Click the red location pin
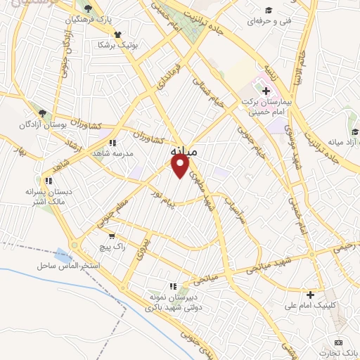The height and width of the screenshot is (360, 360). click(x=181, y=167)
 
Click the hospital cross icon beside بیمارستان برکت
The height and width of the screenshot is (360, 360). click(x=266, y=91)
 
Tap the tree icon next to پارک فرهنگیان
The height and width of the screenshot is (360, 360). click(x=87, y=9)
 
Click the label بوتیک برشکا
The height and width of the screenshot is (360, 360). click(x=117, y=44)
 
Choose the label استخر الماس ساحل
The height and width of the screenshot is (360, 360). click(x=67, y=267)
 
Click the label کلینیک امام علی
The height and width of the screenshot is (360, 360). click(x=309, y=305)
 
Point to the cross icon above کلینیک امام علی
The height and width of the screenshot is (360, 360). click(x=310, y=294)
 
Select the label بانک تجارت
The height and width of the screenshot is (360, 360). click(x=344, y=352)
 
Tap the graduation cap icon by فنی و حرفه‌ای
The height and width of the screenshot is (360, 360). click(x=267, y=10)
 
